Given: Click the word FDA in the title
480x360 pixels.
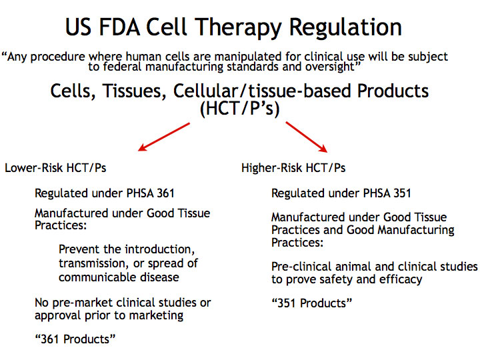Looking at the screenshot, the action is tap(120, 27).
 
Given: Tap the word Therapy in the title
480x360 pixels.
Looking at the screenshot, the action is tap(239, 28).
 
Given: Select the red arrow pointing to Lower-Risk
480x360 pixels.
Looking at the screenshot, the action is tap(164, 137).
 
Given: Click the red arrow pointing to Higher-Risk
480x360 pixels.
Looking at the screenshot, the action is tap(307, 137).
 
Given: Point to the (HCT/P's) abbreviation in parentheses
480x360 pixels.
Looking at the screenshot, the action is tap(240, 109).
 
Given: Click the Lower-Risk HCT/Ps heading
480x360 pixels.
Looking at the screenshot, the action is tap(55, 168).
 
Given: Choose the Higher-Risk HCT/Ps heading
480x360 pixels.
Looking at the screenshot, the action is tap(293, 168).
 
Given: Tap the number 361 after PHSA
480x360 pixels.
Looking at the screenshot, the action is tap(165, 193).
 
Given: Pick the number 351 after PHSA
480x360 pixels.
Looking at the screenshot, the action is tap(402, 193).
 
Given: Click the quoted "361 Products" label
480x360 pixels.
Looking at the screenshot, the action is tap(75, 339).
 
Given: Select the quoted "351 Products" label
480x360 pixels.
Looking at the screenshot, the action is tap(311, 303).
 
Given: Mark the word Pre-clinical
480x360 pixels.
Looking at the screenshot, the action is tap(301, 267).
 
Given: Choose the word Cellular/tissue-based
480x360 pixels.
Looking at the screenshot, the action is tap(263, 91).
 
